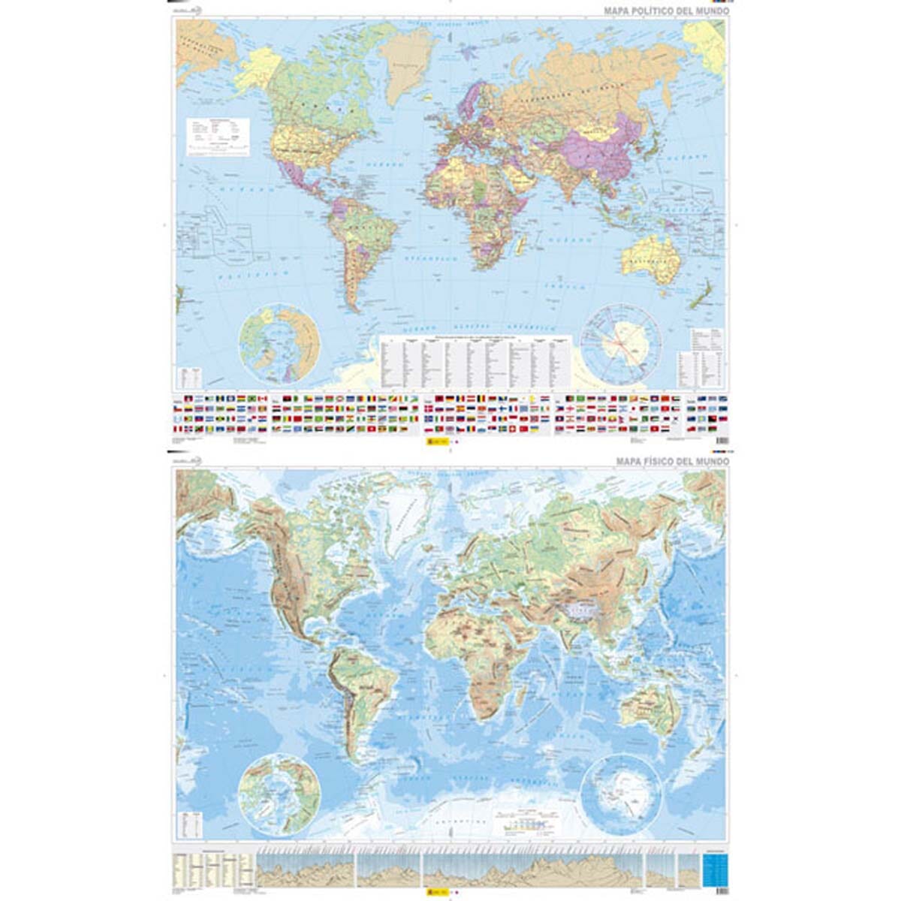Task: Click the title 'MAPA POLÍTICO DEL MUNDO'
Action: point(667,11)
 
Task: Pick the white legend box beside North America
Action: point(218,137)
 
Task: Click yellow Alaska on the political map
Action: point(257,68)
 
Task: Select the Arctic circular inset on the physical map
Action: point(279,794)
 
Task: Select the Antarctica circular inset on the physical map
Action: point(622,794)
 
